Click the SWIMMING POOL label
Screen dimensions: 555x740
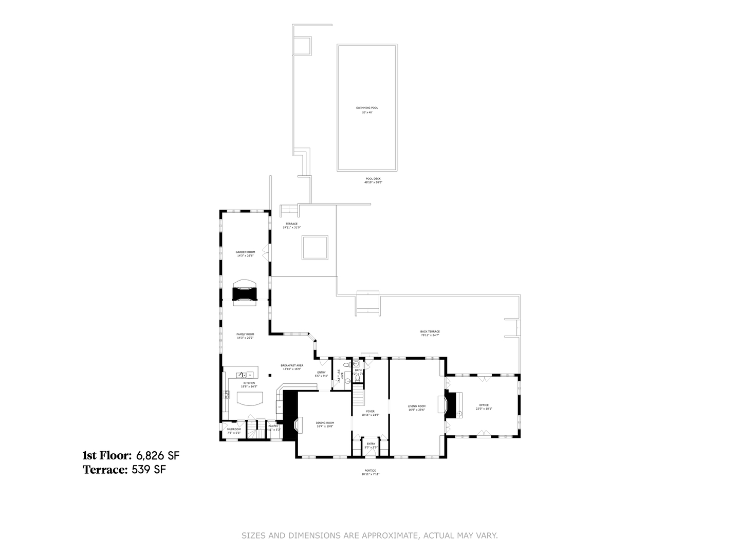point(367,108)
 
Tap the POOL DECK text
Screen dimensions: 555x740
point(373,179)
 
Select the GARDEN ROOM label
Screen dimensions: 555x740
point(245,252)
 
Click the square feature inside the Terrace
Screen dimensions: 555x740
point(314,248)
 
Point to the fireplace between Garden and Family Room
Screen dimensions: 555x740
point(245,293)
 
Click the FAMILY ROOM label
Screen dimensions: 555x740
point(245,334)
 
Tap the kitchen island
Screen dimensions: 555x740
point(249,398)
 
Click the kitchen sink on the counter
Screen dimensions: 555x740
point(240,375)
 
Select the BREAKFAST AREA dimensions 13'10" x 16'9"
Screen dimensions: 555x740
point(291,369)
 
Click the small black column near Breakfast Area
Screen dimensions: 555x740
point(270,375)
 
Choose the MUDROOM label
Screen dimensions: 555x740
point(234,429)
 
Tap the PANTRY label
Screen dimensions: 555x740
point(273,425)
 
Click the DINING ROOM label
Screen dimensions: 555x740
point(325,423)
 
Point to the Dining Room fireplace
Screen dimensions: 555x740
point(296,424)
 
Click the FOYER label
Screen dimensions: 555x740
point(370,411)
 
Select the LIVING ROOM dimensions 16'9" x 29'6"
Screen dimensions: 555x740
point(417,410)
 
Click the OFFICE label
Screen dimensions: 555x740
point(484,405)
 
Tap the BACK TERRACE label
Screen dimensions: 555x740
point(430,331)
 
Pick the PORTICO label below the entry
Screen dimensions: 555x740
point(370,471)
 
